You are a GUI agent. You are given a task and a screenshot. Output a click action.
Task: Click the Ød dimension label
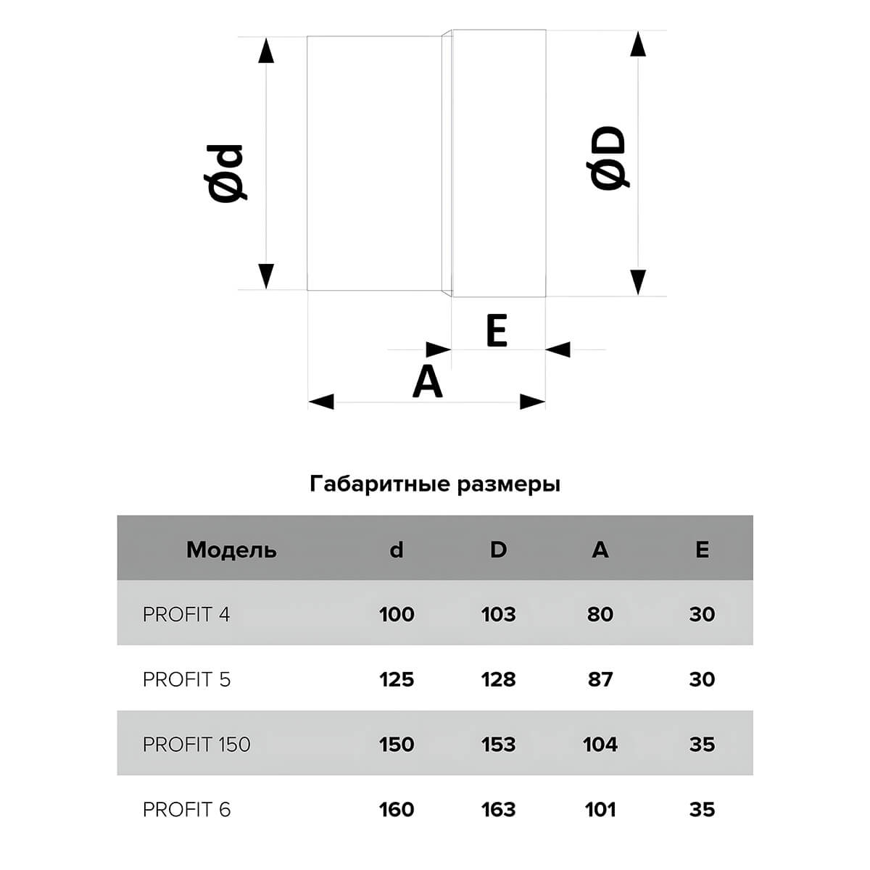tap(225, 173)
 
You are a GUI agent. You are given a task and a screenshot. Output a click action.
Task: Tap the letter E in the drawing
tap(496, 330)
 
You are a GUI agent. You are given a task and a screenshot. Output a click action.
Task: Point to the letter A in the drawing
tap(427, 381)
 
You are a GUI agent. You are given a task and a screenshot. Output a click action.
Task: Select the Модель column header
tap(231, 550)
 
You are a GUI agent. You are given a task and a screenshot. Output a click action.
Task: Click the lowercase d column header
tap(396, 550)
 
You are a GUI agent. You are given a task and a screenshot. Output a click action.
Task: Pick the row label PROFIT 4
tap(186, 615)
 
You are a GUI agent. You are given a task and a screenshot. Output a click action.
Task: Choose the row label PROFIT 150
tap(196, 745)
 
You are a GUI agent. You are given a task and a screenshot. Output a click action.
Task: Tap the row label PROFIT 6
tap(186, 810)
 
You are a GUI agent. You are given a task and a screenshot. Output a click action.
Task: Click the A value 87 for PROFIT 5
tap(600, 679)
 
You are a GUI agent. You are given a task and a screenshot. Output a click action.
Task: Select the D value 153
tap(498, 745)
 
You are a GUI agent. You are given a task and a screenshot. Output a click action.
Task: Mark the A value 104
tap(600, 745)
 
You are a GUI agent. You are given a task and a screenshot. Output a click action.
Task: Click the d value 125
tap(397, 679)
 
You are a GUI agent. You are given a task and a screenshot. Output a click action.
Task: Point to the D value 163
tap(498, 810)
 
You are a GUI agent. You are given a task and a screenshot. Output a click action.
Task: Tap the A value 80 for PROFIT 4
tap(600, 615)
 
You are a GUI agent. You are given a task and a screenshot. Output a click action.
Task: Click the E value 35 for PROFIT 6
tap(702, 810)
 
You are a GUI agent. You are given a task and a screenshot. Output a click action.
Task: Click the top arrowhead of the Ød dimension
tap(266, 50)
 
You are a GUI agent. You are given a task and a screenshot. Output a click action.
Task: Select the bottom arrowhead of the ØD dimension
tap(637, 282)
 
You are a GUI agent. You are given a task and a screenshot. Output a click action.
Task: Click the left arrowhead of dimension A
tap(321, 402)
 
